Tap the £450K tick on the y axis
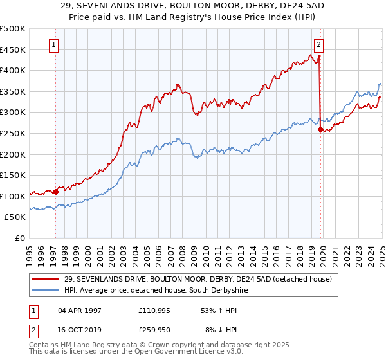pos(13,50)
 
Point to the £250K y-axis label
pos(13,133)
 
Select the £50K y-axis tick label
pos(15,217)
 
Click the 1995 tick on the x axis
pos(30,249)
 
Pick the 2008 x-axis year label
pos(182,249)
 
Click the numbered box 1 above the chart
pos(53,45)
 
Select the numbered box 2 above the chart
pos(318,45)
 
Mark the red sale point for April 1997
pos(56,191)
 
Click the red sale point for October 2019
pos(320,129)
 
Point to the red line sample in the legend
pos(46,279)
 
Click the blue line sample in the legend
pos(46,291)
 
